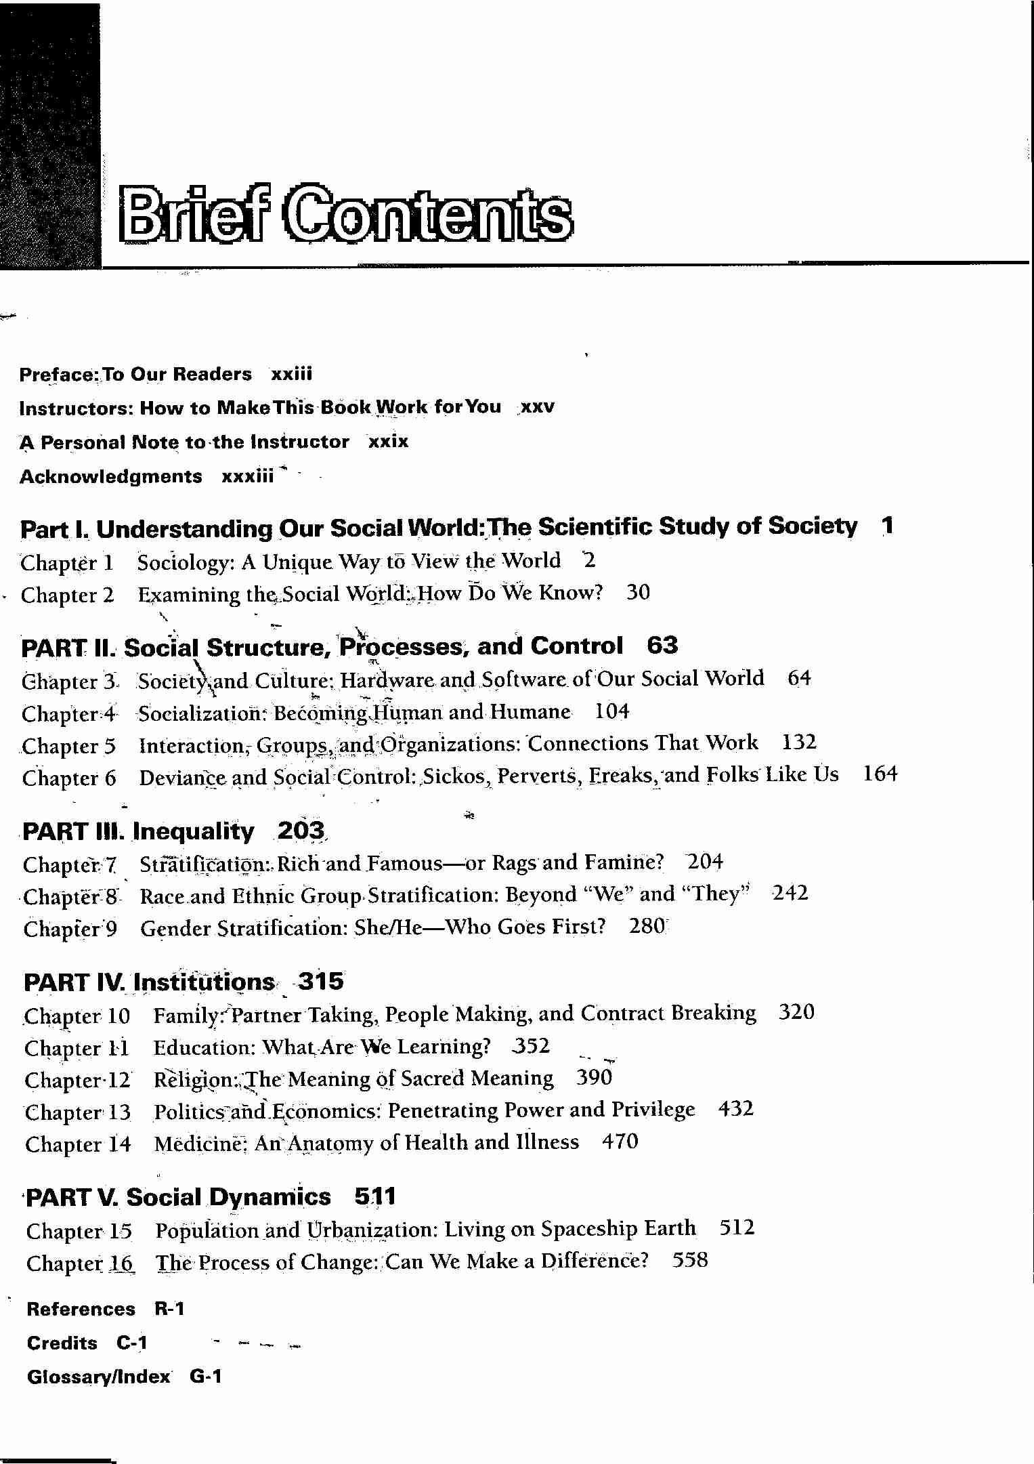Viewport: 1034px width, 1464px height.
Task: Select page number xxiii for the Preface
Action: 291,374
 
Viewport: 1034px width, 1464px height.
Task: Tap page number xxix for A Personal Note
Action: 388,442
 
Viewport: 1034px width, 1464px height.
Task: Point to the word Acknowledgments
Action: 110,477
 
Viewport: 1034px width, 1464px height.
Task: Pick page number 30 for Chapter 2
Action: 638,593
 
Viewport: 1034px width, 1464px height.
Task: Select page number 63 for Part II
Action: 662,646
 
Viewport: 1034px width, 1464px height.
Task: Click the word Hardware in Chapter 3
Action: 386,679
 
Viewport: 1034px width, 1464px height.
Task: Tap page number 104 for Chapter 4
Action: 612,711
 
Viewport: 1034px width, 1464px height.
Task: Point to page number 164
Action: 880,774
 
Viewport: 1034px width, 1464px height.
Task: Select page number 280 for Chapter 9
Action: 647,926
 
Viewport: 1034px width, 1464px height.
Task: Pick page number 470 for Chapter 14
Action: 620,1142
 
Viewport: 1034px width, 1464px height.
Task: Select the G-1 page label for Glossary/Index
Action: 206,1377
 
